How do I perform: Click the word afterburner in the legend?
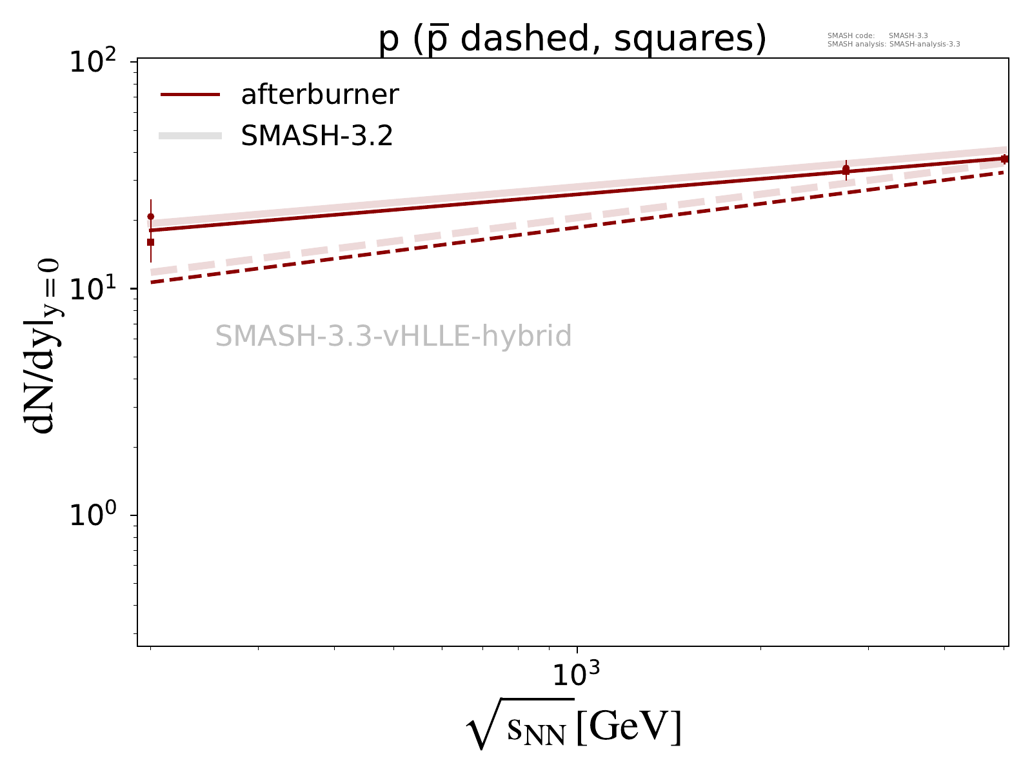(x=320, y=95)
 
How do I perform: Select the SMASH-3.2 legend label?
(x=317, y=136)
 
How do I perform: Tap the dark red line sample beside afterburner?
(x=190, y=95)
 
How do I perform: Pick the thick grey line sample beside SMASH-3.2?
(x=190, y=135)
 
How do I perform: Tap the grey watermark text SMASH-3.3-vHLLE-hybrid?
(x=393, y=336)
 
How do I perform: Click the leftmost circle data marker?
(x=151, y=217)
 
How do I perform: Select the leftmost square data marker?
(x=151, y=242)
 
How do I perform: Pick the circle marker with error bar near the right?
(x=846, y=168)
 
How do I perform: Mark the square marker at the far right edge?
(x=1004, y=159)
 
